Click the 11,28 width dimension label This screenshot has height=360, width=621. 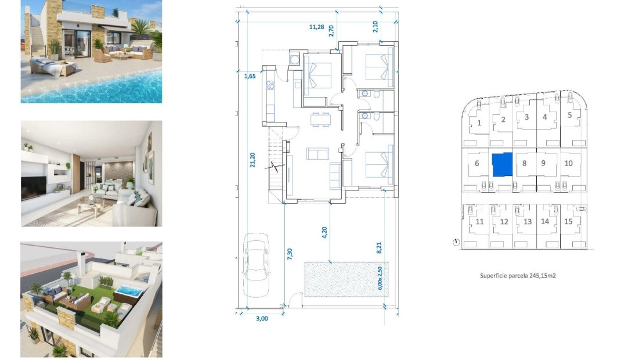click(316, 26)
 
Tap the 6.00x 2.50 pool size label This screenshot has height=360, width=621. click(380, 278)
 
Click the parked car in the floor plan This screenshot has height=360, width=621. click(256, 264)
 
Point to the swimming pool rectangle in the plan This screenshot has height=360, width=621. click(346, 279)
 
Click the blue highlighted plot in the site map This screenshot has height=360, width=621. click(502, 164)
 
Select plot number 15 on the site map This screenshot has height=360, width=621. click(568, 221)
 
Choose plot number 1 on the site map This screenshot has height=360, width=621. click(479, 123)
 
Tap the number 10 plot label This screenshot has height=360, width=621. click(568, 163)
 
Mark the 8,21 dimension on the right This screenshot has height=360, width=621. click(380, 247)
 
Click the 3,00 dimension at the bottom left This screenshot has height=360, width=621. click(262, 318)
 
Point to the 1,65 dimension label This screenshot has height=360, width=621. click(250, 76)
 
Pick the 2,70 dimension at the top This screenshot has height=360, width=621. click(331, 31)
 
